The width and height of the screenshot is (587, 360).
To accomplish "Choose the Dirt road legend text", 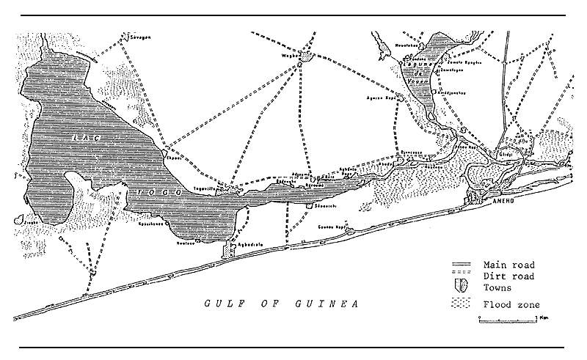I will tap(508, 275).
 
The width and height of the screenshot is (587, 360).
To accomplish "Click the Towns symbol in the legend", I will tap(462, 287).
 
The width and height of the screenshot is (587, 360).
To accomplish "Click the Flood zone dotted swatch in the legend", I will tap(462, 301).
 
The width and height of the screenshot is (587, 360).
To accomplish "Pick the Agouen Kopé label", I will tap(382, 96).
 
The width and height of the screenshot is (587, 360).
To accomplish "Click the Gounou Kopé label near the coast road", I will tap(331, 227).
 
